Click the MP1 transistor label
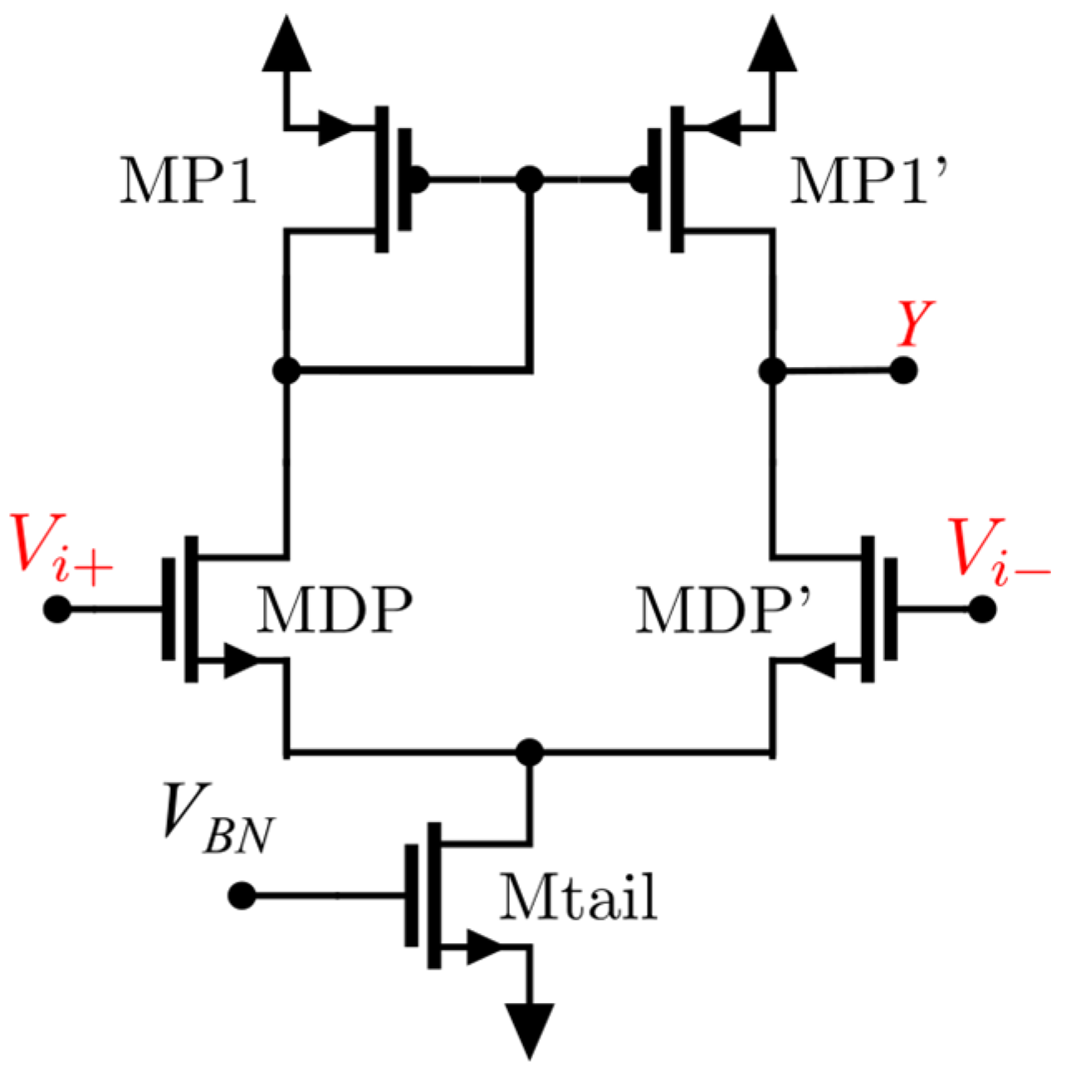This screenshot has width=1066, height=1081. pyautogui.click(x=188, y=180)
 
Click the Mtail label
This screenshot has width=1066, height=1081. pyautogui.click(x=578, y=897)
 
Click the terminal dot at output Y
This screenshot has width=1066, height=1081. pyautogui.click(x=903, y=370)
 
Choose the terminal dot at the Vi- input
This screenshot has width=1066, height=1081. pyautogui.click(x=983, y=609)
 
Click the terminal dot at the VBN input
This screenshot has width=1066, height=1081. pyautogui.click(x=242, y=896)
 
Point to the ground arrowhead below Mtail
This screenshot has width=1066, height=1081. pyautogui.click(x=529, y=1030)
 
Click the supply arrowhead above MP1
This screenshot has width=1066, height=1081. pyautogui.click(x=286, y=46)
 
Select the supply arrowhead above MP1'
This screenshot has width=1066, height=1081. pyautogui.click(x=773, y=46)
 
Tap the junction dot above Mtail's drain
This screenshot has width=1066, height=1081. pyautogui.click(x=529, y=752)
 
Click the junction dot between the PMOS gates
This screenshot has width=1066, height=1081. pyautogui.click(x=529, y=179)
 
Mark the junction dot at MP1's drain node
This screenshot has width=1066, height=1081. pyautogui.click(x=286, y=370)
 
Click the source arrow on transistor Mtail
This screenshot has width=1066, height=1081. pyautogui.click(x=486, y=946)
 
